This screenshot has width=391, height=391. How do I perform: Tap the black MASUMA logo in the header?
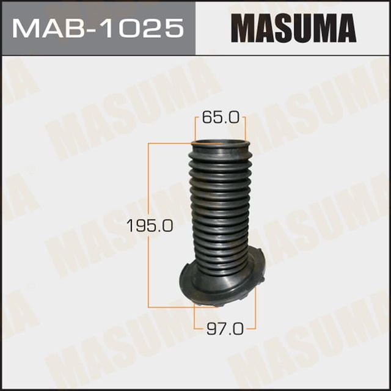pos(293,28)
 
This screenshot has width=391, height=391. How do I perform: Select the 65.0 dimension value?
pos(220,118)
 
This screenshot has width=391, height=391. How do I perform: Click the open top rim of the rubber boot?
pos(219,146)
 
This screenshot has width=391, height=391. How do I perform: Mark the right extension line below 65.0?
pos(245,130)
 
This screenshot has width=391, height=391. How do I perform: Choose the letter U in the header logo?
pos(304,28)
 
